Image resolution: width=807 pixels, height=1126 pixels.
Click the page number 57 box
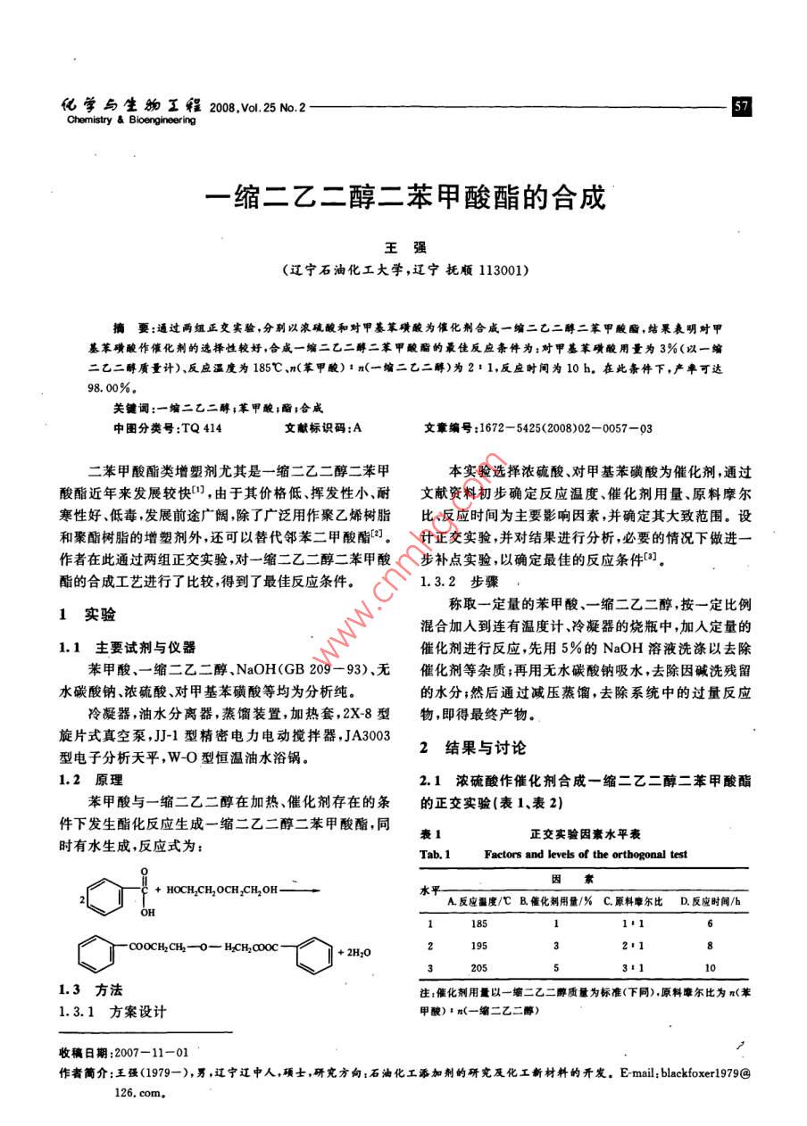(742, 107)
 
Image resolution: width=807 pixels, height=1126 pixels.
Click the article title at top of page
(404, 196)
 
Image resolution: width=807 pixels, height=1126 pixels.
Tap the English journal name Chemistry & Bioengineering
(130, 120)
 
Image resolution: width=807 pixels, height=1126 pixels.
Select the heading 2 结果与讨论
(473, 748)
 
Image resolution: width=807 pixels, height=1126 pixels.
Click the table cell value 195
(479, 946)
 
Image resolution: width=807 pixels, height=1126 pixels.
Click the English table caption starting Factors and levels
(586, 854)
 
